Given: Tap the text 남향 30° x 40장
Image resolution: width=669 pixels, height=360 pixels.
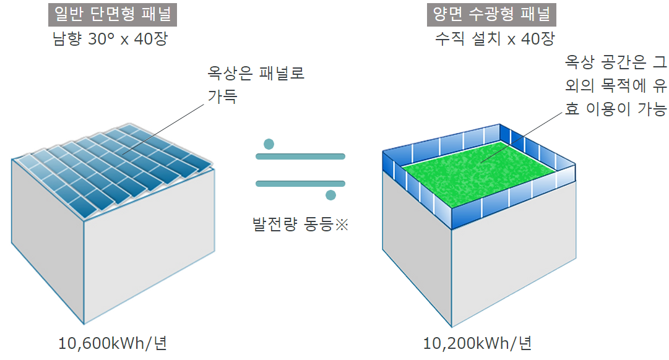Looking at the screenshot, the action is [110, 39].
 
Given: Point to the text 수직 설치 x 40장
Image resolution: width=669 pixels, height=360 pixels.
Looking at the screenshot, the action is [495, 39].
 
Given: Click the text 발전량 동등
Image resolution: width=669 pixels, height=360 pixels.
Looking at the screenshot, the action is [291, 225].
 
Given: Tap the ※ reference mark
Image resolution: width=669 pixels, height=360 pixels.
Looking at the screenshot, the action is [342, 225].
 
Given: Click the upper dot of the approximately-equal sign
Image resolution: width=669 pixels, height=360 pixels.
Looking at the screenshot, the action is [268, 145].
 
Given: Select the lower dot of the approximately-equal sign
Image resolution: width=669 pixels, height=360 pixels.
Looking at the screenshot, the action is [331, 195].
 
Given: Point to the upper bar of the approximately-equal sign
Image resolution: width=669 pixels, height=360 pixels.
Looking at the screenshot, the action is [300, 157].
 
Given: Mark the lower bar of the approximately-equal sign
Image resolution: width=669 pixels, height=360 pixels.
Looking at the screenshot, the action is [300, 184].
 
